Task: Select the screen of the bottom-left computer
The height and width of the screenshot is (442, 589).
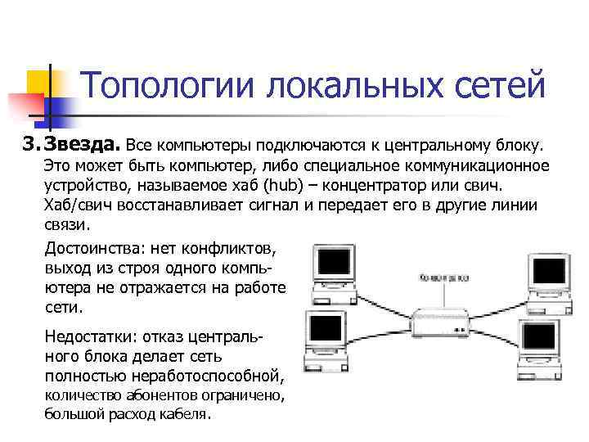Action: click(x=325, y=328)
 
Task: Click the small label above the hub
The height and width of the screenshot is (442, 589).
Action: click(x=443, y=277)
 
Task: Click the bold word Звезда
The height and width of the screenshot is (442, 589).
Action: click(x=82, y=145)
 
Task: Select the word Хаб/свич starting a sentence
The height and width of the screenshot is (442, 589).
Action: click(x=74, y=205)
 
